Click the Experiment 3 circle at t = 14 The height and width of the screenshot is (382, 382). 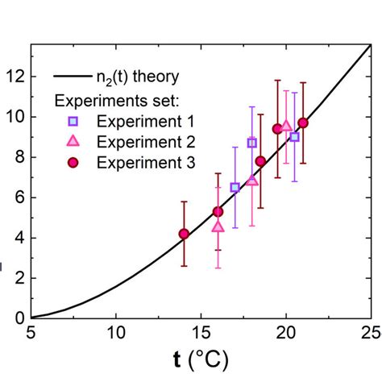[x=184, y=234]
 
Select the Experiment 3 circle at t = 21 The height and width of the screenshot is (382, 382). [x=303, y=123]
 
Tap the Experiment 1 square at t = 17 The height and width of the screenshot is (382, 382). [x=235, y=187]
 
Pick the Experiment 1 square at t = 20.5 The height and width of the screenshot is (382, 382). [x=294, y=137]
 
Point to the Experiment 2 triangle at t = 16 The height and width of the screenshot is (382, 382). [x=218, y=226]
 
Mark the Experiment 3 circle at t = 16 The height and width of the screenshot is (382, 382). [x=218, y=212]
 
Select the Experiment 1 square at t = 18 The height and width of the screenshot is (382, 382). [x=251, y=143]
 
